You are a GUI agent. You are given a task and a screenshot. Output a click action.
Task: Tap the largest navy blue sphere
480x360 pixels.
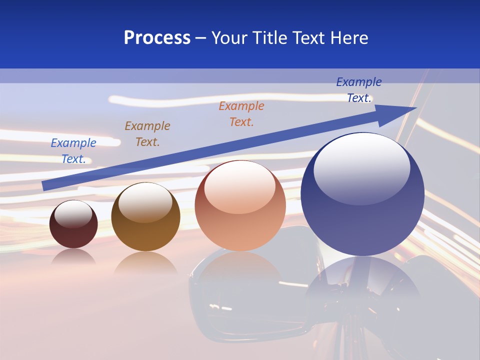[362, 210]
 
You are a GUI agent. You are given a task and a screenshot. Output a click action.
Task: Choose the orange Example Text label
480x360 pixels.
[241, 114]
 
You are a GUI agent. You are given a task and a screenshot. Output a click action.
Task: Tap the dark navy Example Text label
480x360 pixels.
[359, 90]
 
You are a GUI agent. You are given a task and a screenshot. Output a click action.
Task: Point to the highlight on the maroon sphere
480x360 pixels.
[73, 214]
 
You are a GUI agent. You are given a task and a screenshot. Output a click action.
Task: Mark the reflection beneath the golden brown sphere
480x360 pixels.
[145, 262]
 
